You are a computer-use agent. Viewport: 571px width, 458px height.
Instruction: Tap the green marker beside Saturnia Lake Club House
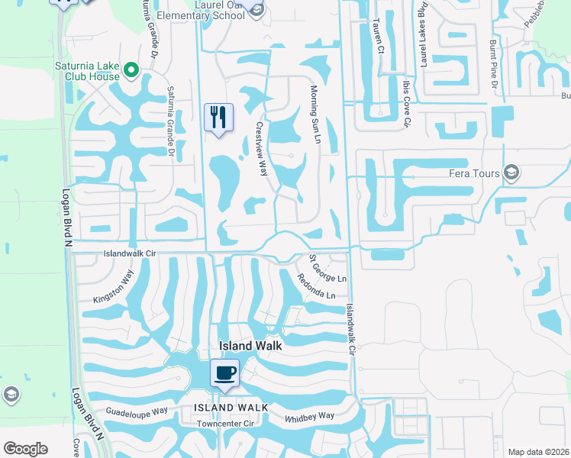[131, 71]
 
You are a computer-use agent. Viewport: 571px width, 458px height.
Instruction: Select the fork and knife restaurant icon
[219, 118]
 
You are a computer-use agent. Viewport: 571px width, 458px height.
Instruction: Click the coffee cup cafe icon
[224, 373]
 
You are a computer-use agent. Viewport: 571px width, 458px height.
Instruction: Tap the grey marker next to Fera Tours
[511, 173]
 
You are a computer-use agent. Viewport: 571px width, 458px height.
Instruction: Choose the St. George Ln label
[327, 268]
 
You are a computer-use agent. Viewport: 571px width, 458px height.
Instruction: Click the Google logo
[24, 448]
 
